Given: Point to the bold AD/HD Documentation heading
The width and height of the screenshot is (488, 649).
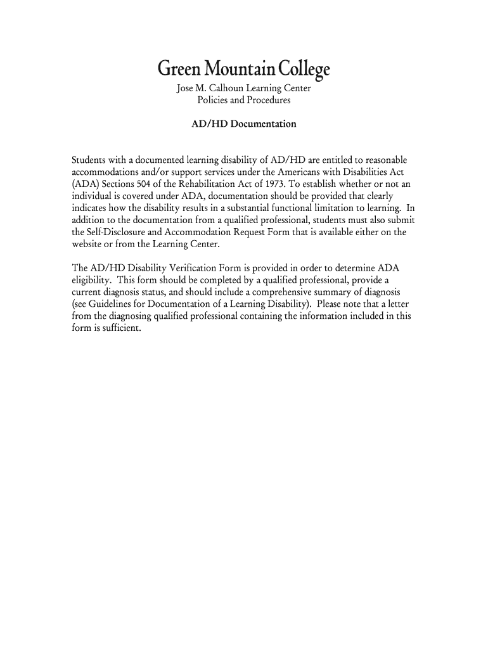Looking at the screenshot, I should coord(244,124).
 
